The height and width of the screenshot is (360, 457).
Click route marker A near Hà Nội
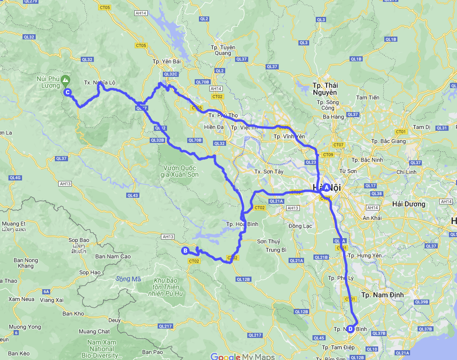(327, 187)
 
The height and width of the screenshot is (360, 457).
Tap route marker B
(185, 250)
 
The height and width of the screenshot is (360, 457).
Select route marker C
(68, 92)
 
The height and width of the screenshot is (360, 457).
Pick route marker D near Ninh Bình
(350, 328)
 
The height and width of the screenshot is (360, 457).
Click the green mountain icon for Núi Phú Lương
(65, 80)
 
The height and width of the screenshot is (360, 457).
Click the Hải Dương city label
(409, 204)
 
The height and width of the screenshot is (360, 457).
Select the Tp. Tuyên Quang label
(223, 50)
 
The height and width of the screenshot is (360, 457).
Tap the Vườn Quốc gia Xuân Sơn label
(181, 171)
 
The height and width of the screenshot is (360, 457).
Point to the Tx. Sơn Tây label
(268, 172)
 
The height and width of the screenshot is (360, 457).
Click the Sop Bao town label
(79, 240)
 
